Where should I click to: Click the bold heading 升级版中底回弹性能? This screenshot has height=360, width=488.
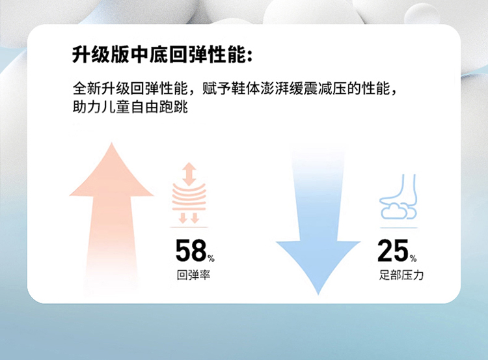(x=159, y=55)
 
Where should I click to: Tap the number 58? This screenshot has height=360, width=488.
(x=191, y=251)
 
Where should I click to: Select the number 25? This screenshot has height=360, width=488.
(x=393, y=251)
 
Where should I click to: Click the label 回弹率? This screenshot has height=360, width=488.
(x=193, y=275)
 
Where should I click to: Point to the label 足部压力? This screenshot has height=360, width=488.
(x=401, y=275)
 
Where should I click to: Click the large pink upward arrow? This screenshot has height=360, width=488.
(x=111, y=218)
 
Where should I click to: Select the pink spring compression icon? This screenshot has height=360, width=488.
(x=189, y=193)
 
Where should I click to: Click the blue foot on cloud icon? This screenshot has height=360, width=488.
(x=398, y=197)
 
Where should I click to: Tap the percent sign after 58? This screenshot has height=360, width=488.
(x=211, y=258)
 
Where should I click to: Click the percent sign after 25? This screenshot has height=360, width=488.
(x=413, y=258)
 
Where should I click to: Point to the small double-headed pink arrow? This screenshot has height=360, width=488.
(x=189, y=174)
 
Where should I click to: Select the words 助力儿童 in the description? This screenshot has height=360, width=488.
(x=102, y=107)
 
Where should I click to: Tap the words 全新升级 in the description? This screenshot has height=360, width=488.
(x=102, y=89)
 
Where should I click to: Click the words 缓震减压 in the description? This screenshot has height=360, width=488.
(x=318, y=89)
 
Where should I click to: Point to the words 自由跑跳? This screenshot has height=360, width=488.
(x=159, y=107)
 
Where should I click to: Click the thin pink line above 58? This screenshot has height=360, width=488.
(x=189, y=227)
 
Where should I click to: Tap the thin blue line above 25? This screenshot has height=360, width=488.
(x=399, y=228)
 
